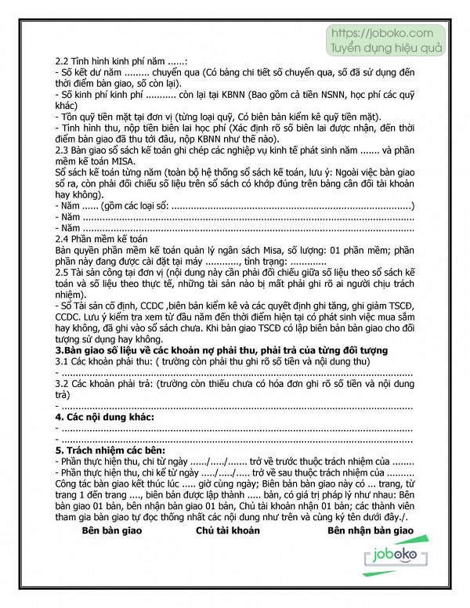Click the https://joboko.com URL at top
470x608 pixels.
tap(382, 34)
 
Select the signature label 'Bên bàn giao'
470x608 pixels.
tap(115, 530)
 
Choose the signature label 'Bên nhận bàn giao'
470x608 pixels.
tap(370, 530)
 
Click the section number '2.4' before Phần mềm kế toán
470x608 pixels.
tap(63, 238)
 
